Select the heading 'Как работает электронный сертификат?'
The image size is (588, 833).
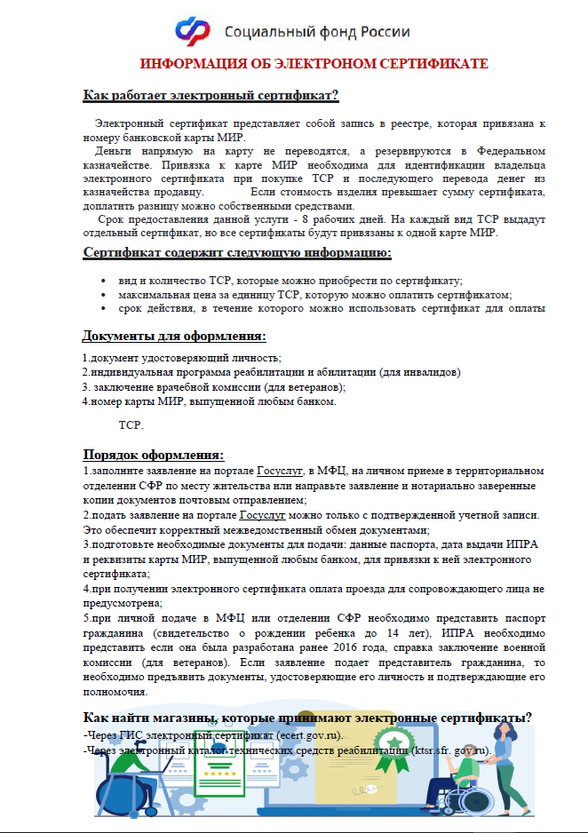pos(211,96)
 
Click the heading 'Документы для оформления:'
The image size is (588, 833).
pos(174,336)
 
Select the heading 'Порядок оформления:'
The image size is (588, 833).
pos(152,454)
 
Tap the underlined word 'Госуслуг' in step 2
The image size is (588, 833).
pos(264,515)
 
